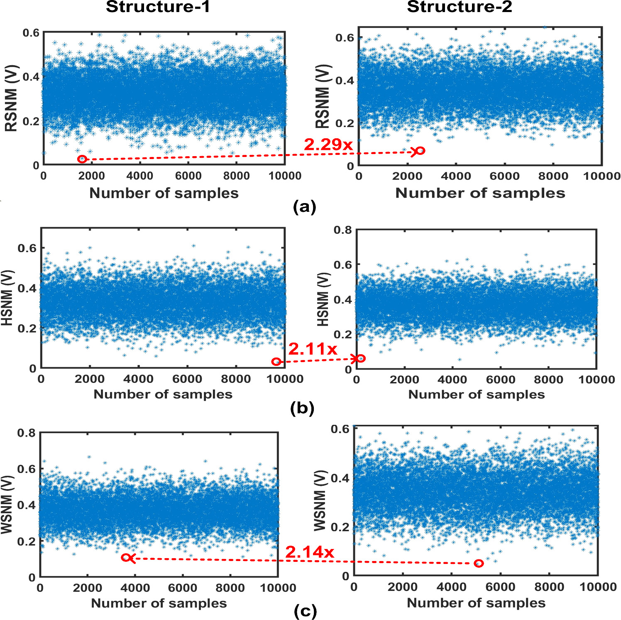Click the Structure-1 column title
[158, 7]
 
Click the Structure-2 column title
[459, 7]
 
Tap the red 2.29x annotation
[328, 145]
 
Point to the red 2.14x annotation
[309, 552]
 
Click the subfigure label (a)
[304, 206]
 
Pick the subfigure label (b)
[302, 409]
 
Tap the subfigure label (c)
[305, 611]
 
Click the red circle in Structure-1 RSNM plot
[82, 159]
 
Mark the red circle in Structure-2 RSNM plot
[421, 151]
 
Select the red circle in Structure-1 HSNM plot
[276, 362]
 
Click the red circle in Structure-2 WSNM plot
[479, 564]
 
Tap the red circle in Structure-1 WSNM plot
[125, 558]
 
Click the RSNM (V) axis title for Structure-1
[11, 98]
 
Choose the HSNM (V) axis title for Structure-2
[323, 299]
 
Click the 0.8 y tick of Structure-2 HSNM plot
[342, 230]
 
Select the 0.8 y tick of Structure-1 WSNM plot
[26, 433]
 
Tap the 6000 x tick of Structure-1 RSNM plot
[188, 176]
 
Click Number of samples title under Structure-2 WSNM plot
[476, 603]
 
